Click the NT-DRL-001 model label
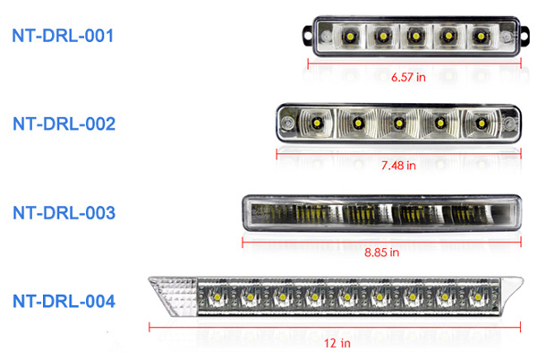[63, 36]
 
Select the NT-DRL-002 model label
[63, 124]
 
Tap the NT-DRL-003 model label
[63, 212]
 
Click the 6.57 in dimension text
[408, 78]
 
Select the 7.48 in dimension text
[397, 167]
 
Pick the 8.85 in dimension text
[382, 253]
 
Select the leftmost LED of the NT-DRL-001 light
[348, 36]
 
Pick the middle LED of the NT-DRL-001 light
[414, 36]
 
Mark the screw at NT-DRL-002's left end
[287, 120]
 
